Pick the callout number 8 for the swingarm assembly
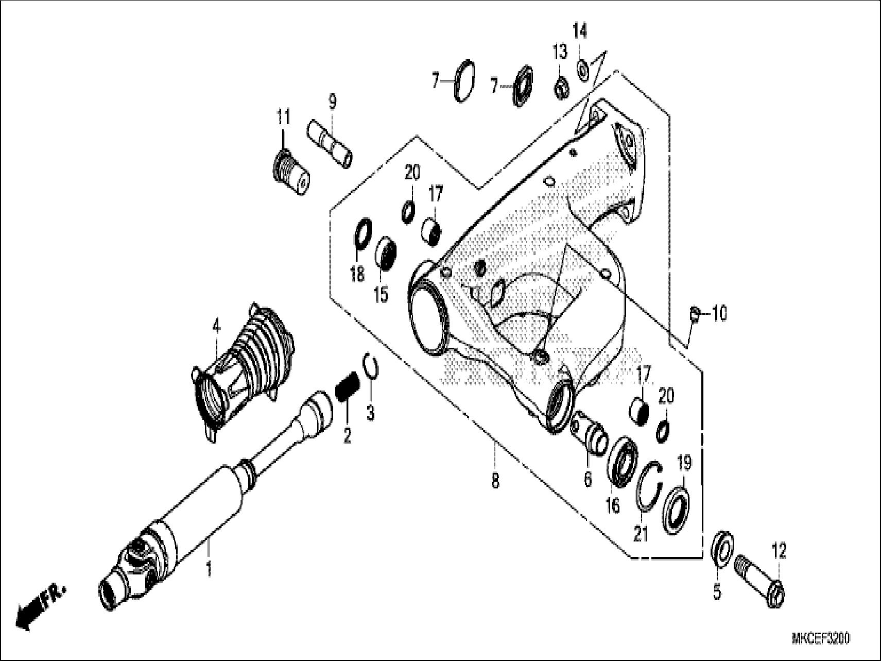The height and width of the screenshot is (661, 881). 495,481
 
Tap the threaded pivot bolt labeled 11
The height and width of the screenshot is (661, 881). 289,170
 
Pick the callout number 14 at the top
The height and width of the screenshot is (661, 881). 580,32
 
